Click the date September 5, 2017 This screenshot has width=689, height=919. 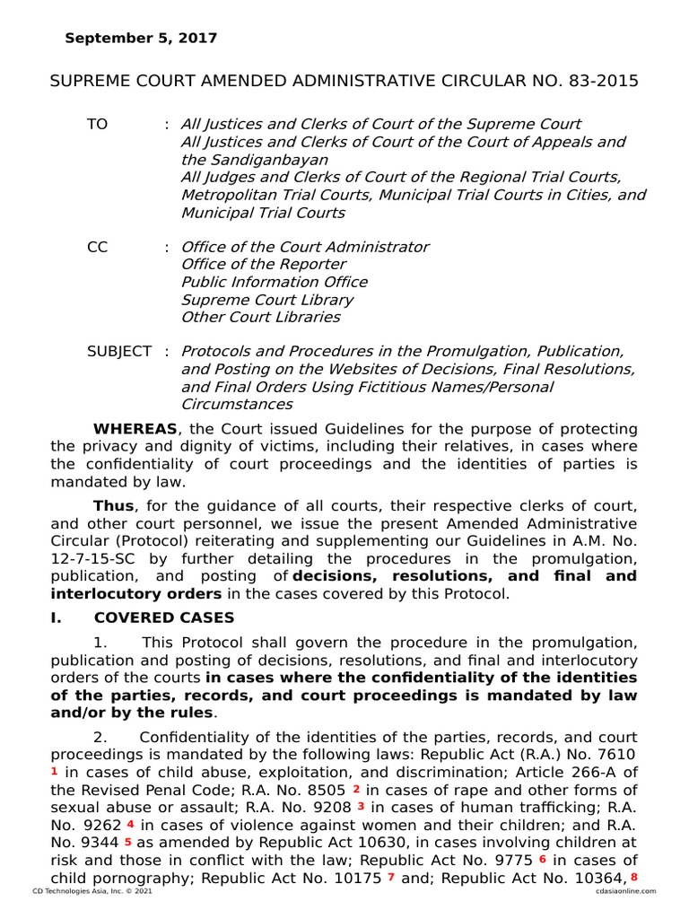click(x=141, y=39)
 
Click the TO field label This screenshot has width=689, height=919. click(x=97, y=125)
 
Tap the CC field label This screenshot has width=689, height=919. click(x=97, y=247)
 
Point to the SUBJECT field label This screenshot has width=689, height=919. click(x=119, y=352)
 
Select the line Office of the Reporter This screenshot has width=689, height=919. click(x=263, y=265)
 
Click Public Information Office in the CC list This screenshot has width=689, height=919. click(x=274, y=282)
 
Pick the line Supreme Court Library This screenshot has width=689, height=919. click(x=267, y=300)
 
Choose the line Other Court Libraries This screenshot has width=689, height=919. click(x=260, y=317)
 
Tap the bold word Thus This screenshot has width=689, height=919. click(x=113, y=505)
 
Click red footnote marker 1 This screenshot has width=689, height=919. click(x=54, y=771)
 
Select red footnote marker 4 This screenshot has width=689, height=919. click(x=131, y=823)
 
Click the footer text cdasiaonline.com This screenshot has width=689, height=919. click(x=624, y=891)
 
